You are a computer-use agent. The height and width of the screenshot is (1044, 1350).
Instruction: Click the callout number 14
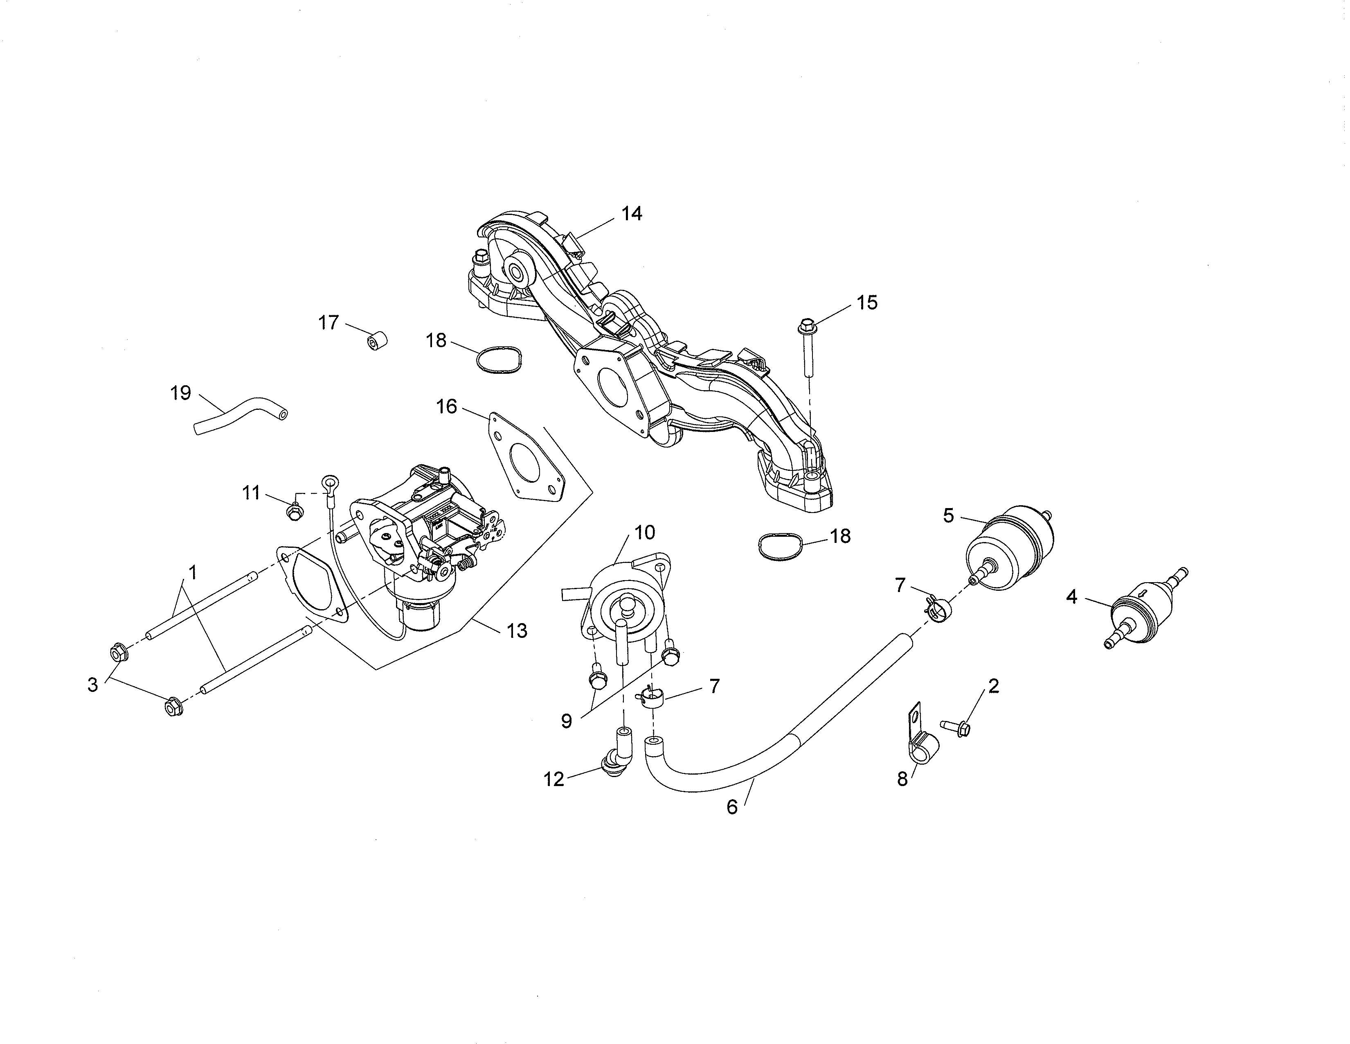tap(632, 214)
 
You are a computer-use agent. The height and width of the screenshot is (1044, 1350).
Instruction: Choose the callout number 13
tap(517, 631)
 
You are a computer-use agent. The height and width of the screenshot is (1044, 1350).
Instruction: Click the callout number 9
tap(566, 721)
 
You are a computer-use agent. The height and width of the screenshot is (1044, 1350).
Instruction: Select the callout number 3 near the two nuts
tap(93, 685)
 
